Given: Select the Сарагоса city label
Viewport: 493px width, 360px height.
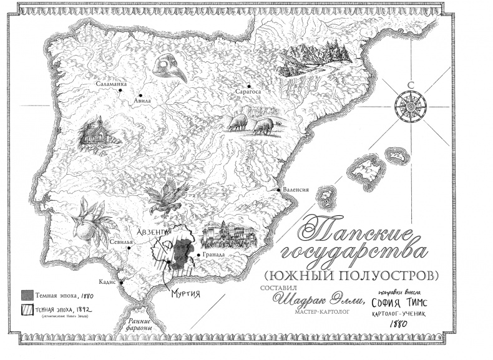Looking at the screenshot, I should [246, 91].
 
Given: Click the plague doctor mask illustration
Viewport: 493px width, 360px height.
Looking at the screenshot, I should [169, 67].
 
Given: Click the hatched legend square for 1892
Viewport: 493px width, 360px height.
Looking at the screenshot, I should [27, 308].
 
